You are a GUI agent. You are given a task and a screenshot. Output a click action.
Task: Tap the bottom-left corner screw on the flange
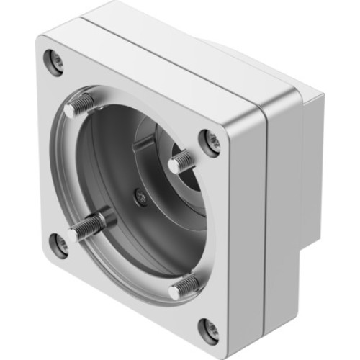coord(60,243)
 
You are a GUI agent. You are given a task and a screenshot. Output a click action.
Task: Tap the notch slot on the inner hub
coord(144,148)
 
